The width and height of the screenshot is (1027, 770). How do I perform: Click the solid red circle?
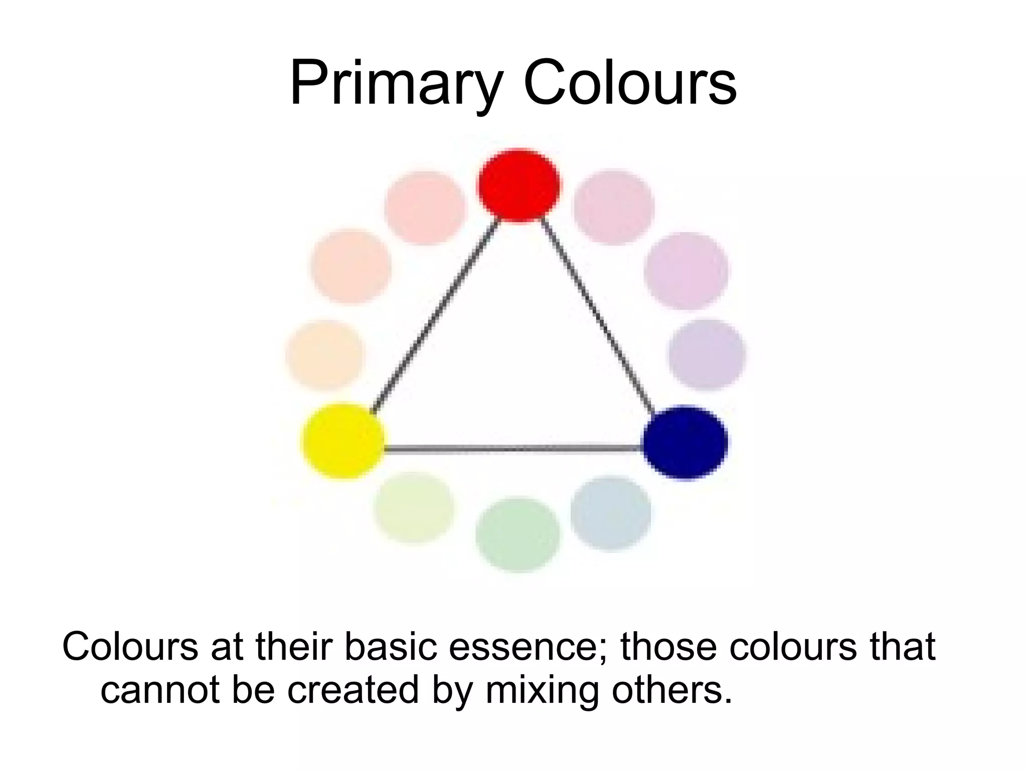pos(518,184)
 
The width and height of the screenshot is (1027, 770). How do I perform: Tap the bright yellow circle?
pos(344,441)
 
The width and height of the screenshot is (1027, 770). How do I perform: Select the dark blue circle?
pos(685,443)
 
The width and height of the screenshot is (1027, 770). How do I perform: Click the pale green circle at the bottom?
pos(518,534)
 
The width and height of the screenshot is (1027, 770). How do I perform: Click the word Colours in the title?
pos(630,83)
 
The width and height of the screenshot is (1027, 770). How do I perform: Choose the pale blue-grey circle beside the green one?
pos(611,513)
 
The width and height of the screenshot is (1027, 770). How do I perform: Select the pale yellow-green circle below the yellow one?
pos(414,507)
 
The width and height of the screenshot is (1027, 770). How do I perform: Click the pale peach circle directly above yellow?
pos(325,355)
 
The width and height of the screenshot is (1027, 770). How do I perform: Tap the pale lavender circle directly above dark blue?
pos(707,354)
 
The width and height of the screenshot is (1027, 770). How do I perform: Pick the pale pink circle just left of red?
pos(425,208)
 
